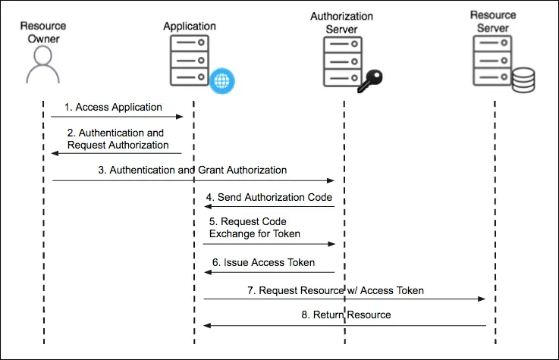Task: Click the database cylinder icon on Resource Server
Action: (522, 80)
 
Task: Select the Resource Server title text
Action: (493, 21)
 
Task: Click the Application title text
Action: (190, 27)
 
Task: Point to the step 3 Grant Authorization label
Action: (193, 171)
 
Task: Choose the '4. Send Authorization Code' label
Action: (269, 197)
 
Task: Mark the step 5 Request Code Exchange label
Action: (255, 228)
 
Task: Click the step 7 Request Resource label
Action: (335, 290)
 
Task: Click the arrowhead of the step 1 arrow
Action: (181, 117)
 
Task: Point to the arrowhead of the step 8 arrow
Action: (207, 325)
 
